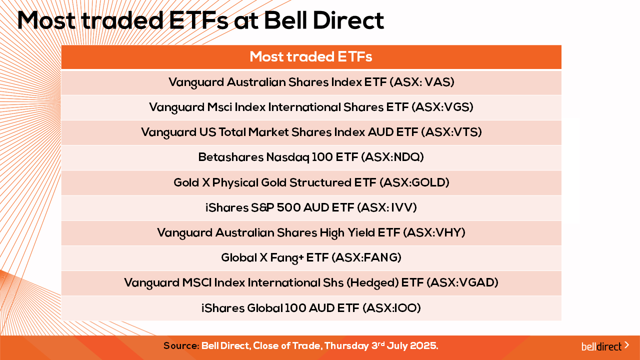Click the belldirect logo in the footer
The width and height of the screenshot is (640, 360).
click(605, 346)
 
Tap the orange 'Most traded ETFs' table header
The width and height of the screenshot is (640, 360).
click(311, 57)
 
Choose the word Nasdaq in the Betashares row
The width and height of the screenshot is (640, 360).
click(287, 157)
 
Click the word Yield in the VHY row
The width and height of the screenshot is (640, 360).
click(361, 233)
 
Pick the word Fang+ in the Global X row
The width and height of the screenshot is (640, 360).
click(286, 258)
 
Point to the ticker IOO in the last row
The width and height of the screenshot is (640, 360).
click(405, 308)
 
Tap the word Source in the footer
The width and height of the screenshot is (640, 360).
click(181, 346)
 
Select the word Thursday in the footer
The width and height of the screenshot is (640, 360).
click(346, 346)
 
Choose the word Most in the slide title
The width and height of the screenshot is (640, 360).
click(46, 20)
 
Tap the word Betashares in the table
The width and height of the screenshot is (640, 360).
click(230, 157)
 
